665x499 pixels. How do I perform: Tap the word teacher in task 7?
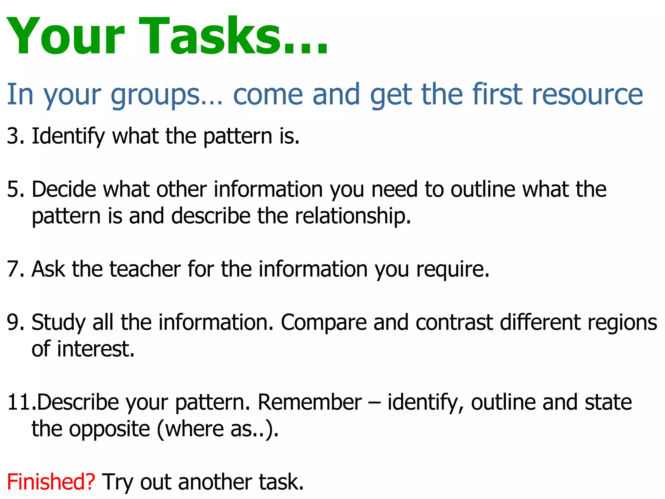145,269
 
